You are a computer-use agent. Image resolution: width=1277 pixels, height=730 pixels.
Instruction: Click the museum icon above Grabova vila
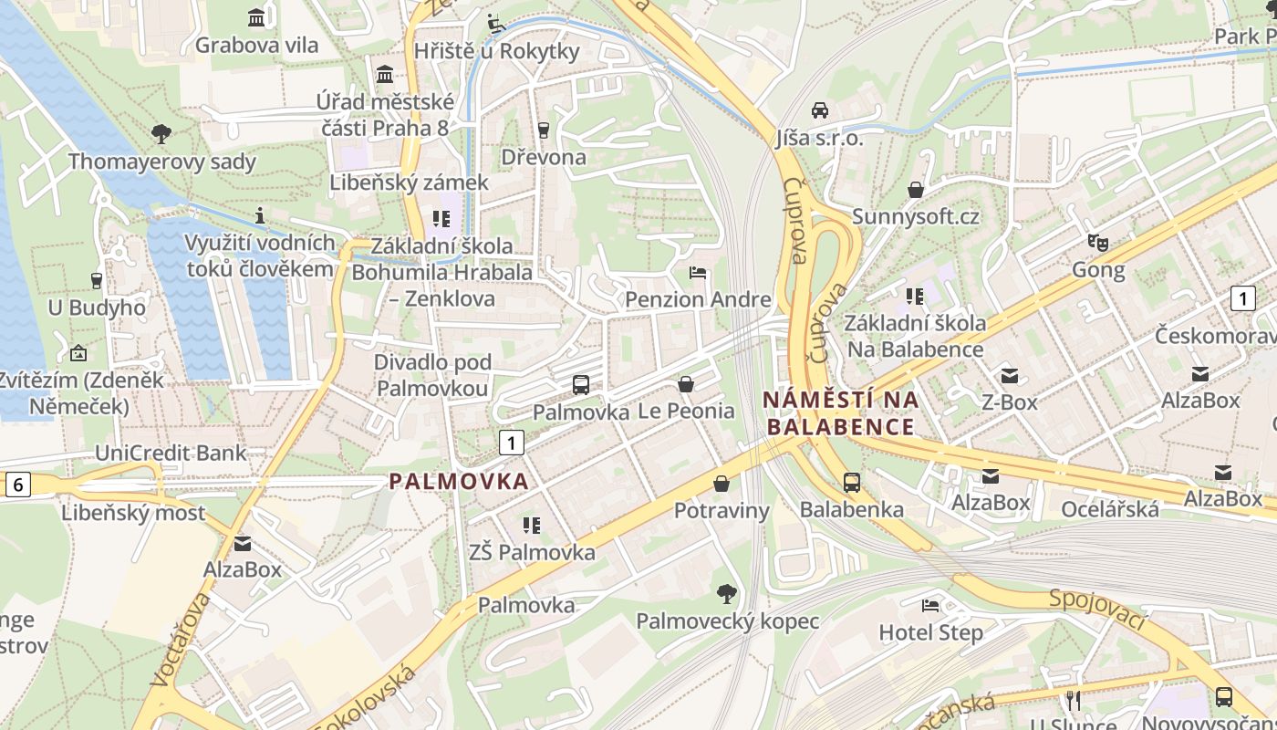coord(256,17)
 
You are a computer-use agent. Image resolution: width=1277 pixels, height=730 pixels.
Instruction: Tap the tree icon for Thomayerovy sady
coord(161,134)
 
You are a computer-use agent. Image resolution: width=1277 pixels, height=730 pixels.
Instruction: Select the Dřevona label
coord(544,157)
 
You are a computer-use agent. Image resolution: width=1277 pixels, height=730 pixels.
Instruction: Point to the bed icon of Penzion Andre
coord(698,273)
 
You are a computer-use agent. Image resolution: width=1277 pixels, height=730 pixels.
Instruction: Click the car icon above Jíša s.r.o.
coord(819,110)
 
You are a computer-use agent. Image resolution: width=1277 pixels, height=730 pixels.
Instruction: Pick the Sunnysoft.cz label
coord(915,216)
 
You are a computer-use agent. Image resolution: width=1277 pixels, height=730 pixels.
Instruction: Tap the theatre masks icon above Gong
coord(1098,243)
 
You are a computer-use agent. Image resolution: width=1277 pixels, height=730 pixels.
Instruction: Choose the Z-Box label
coord(1009,401)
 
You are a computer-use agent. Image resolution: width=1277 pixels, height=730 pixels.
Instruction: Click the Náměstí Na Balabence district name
coord(841,412)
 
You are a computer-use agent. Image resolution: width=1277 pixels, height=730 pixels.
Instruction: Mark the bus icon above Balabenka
coord(852,483)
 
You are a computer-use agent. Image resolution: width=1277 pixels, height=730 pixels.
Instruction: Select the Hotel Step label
coord(930,632)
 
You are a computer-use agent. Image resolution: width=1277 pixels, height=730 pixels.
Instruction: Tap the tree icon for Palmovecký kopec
coord(727,595)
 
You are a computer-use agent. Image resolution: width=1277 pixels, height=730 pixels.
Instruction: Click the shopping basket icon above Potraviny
coord(722,483)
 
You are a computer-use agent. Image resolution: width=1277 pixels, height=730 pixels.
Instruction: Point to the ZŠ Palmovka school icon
coord(532,525)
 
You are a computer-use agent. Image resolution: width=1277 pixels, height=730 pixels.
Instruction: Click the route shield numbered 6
coord(17,485)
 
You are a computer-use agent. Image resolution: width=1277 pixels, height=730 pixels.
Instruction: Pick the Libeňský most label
coord(133,513)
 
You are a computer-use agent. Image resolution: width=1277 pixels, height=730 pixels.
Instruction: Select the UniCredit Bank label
coord(171,453)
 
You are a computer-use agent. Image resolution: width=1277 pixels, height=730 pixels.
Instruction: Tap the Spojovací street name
coord(1096,610)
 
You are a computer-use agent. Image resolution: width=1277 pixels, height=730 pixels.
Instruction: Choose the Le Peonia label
coord(686,411)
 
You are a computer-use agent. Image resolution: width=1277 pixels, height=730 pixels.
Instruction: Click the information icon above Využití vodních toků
coord(260,215)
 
